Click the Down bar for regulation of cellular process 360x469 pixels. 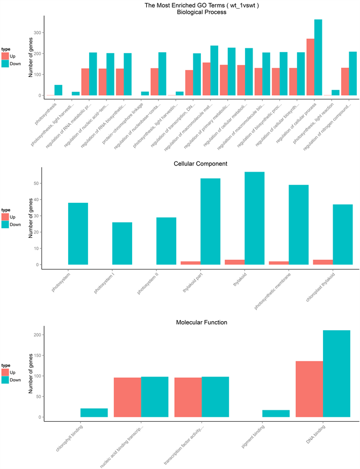(318, 58)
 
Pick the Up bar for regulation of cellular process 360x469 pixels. (310, 67)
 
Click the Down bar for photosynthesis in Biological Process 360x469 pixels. (58, 90)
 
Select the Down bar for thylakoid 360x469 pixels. (254, 218)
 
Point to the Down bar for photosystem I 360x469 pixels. (122, 244)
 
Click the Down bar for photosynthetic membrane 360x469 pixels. (298, 225)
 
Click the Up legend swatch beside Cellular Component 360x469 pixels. (5, 216)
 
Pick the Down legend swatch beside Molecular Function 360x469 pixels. (5, 380)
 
